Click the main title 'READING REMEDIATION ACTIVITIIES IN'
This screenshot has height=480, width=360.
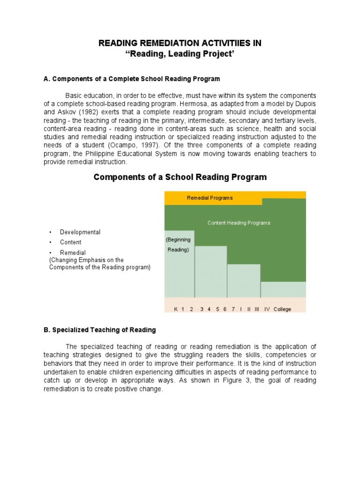click(180, 43)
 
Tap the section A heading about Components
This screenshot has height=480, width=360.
click(132, 79)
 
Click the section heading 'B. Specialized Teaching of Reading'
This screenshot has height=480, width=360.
click(99, 330)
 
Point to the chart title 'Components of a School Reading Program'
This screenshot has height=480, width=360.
click(180, 177)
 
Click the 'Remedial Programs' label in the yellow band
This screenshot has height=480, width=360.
click(210, 198)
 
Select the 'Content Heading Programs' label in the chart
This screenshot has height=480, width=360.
click(239, 223)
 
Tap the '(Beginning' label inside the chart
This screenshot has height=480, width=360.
click(179, 240)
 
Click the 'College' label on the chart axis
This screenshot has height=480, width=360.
click(282, 309)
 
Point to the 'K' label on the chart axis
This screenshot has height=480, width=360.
click(176, 309)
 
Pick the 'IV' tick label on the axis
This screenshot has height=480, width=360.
click(267, 309)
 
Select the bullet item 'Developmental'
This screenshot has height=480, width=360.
click(80, 232)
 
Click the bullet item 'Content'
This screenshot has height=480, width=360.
click(70, 242)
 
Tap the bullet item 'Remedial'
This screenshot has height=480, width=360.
click(73, 253)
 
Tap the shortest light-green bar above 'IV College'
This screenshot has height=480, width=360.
click(283, 289)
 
